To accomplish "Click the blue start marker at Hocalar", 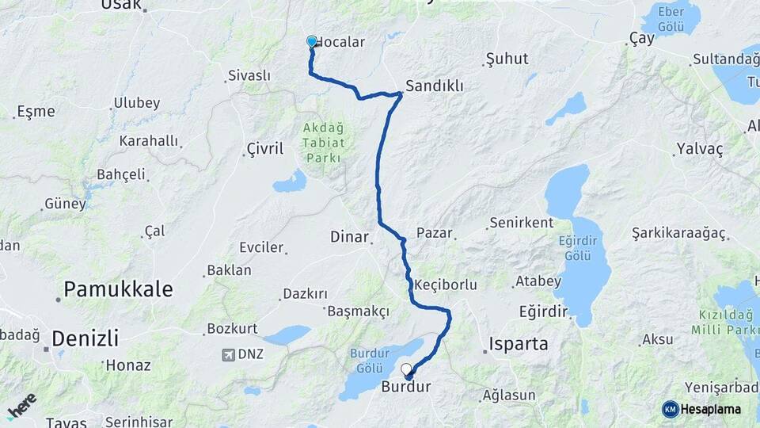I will tap(312, 42).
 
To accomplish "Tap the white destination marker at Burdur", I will tap(407, 369).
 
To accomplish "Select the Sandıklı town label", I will tap(434, 86).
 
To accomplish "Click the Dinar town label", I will tap(349, 236).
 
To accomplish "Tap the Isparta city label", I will tap(519, 344).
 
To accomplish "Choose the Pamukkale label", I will tap(118, 289).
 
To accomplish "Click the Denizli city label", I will tap(85, 339).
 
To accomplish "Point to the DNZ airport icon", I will tap(230, 354).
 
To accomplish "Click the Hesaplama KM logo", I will tap(701, 409).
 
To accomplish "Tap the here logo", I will tap(21, 406).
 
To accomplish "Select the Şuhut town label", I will tap(507, 59).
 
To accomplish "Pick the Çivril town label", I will tap(264, 149).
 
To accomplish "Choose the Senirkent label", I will tap(521, 223).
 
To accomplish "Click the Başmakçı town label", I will tap(358, 311).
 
